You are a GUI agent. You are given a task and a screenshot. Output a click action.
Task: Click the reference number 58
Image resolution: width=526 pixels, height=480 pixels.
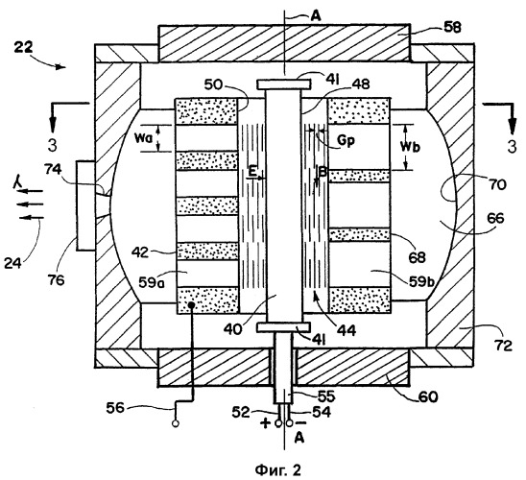[x=452, y=27]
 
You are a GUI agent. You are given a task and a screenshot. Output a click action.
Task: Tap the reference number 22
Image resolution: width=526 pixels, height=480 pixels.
[x=23, y=47]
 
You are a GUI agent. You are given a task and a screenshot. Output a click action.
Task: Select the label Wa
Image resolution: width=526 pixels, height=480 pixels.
[x=145, y=138]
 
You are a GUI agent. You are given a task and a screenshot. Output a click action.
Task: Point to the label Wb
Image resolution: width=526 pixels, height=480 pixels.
[x=410, y=147]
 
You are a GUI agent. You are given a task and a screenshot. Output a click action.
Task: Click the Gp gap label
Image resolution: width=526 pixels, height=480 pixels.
[x=346, y=141]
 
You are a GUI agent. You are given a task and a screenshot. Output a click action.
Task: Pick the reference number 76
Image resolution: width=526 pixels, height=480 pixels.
[x=56, y=279]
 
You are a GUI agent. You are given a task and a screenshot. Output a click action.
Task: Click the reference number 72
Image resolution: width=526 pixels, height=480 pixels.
[x=503, y=345]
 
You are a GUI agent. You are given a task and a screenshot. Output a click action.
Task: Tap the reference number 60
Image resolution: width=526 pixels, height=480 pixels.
[x=428, y=397]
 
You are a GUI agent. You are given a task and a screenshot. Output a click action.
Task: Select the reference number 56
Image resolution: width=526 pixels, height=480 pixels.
[x=115, y=408]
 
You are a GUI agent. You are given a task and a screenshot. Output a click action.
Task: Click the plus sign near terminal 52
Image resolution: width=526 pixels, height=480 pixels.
[x=265, y=423]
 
